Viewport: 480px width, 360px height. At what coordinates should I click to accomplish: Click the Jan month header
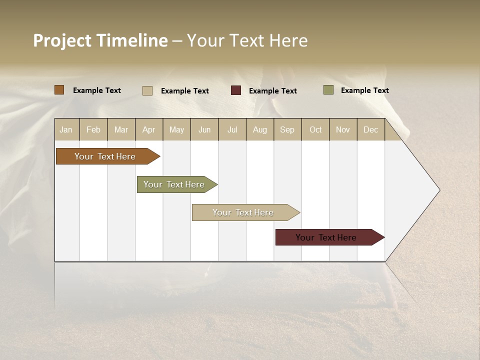(66, 129)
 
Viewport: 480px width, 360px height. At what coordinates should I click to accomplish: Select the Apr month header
(148, 129)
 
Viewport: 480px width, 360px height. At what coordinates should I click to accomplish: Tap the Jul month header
(232, 129)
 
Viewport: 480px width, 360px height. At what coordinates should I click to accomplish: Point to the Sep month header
(287, 129)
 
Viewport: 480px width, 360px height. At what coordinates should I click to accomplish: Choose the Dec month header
(370, 129)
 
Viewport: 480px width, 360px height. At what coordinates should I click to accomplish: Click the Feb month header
(93, 129)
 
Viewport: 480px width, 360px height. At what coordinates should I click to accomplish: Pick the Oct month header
(315, 129)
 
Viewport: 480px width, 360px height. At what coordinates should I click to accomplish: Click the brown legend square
(59, 90)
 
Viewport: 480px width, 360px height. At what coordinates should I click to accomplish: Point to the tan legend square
(147, 90)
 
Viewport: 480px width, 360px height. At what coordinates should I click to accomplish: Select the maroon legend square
(235, 90)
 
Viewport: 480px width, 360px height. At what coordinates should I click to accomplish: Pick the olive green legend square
(328, 90)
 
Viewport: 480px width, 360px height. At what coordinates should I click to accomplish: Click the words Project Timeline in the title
(100, 40)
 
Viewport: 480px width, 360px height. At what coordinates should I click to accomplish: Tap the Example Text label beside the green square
(364, 90)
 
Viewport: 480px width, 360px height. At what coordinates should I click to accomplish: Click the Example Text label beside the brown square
(97, 90)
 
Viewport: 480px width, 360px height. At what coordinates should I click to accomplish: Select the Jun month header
(204, 129)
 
